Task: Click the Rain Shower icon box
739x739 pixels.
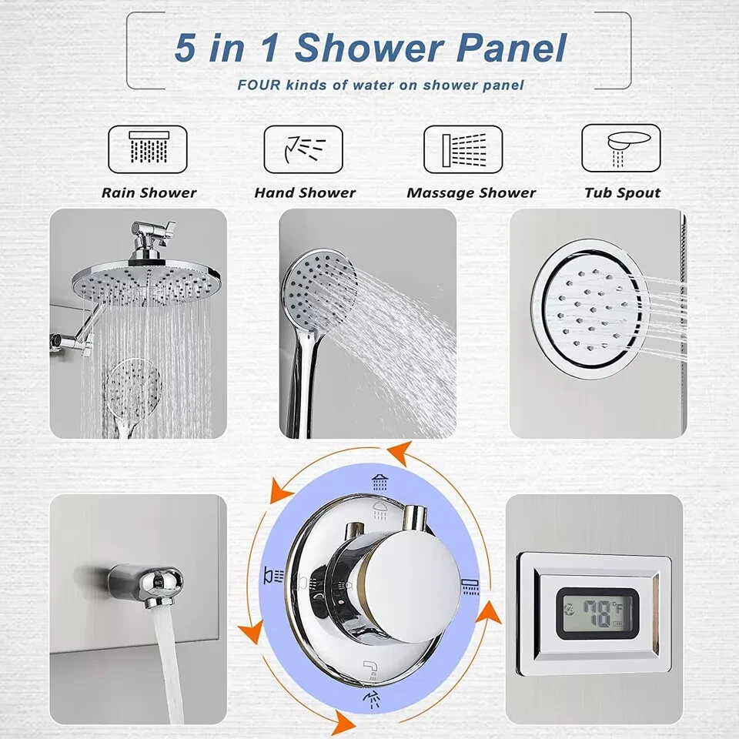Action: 147,149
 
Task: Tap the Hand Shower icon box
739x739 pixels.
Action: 303,149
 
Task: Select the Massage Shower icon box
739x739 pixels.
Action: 463,149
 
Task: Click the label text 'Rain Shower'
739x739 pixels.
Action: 149,193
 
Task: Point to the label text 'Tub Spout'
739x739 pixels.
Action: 622,193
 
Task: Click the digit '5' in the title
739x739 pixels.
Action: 185,48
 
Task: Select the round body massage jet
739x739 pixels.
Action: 587,308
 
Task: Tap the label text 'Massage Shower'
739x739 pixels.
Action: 471,193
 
